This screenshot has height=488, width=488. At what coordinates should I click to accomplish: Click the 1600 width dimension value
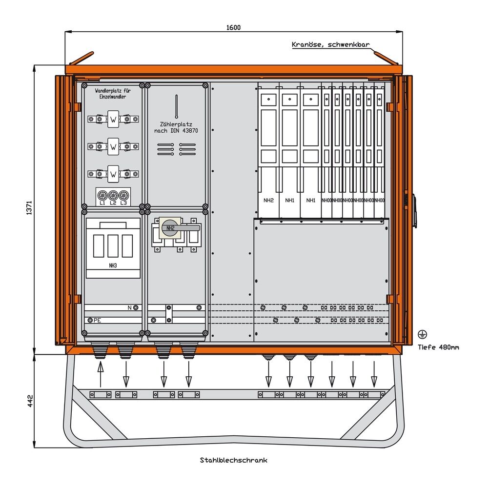pos(233,27)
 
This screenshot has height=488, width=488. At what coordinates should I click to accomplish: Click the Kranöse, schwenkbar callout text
pos(330,44)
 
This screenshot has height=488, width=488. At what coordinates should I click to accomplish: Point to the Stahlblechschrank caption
pos(233,460)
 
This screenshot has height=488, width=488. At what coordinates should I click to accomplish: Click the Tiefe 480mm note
pos(438,347)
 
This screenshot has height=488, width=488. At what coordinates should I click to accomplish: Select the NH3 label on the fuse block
pos(113,266)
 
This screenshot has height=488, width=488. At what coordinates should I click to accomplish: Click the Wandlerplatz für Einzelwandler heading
pos(112,93)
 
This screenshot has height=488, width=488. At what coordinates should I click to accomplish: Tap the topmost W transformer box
pos(113,119)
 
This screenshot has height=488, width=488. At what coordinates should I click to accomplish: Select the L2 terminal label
pos(113,203)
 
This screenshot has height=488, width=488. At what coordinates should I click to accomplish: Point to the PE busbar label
pos(97,320)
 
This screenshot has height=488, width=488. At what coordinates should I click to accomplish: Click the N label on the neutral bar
pos(130,307)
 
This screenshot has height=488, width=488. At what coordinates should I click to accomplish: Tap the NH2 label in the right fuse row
pos(268,200)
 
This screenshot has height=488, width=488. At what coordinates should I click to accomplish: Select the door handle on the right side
pos(414,211)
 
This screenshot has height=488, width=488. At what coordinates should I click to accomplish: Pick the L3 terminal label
pos(123,203)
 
